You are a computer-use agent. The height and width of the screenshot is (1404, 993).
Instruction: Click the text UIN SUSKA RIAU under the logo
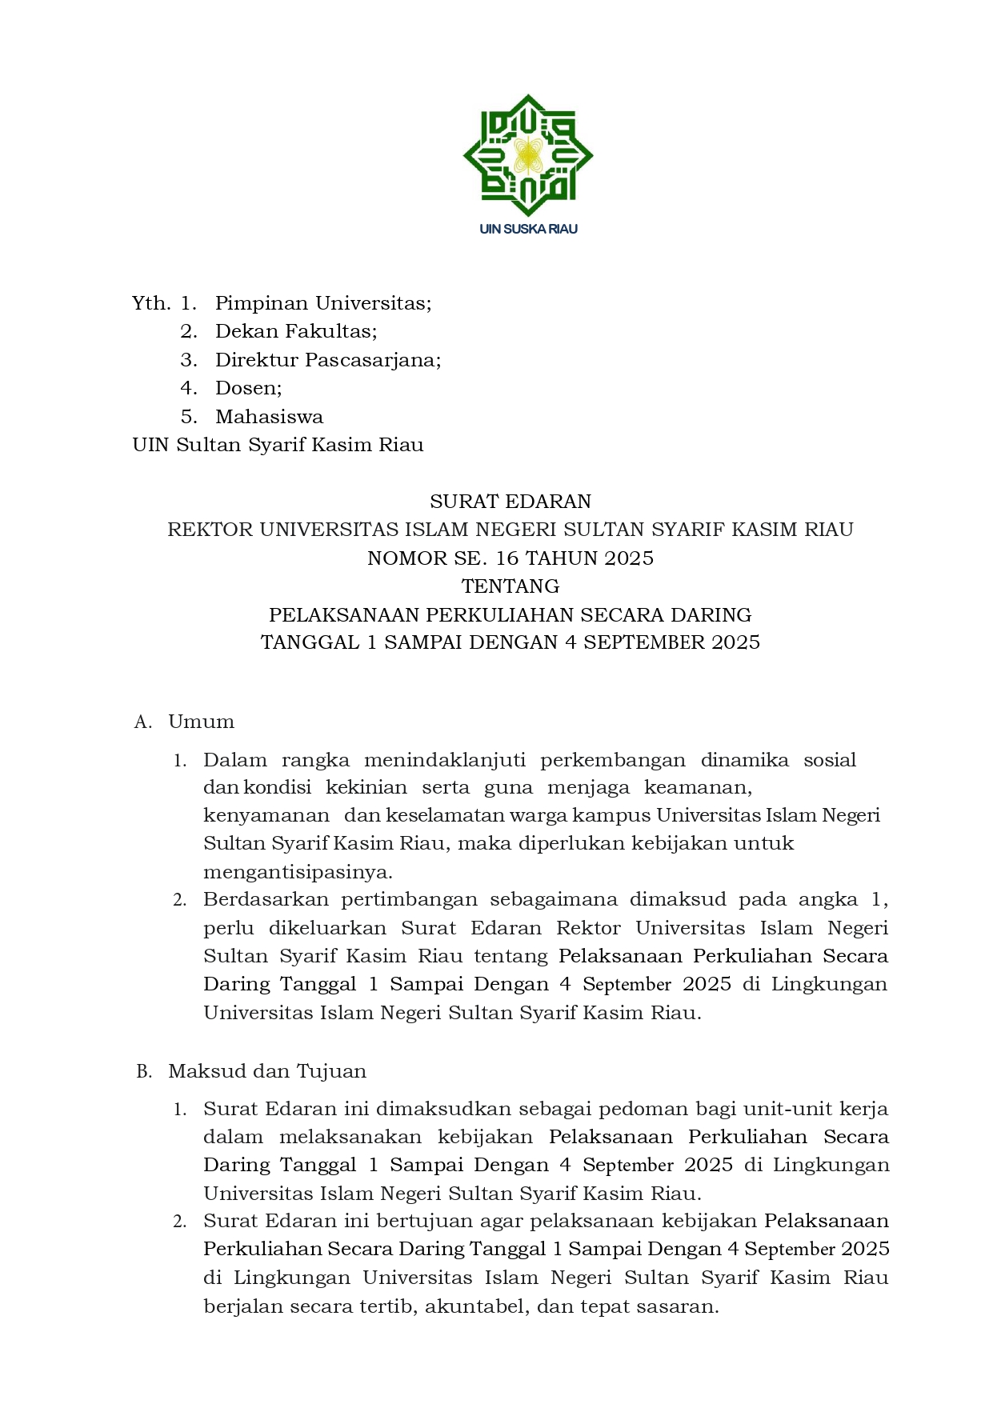pos(528,229)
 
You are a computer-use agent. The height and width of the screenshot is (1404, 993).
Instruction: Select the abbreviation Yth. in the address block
pos(151,303)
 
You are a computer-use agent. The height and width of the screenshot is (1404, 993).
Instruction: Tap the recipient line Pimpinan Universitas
pos(323,303)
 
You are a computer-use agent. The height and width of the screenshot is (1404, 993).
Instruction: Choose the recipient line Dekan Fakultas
pos(296,331)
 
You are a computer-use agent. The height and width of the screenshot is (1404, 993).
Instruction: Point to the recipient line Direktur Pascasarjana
pos(328,360)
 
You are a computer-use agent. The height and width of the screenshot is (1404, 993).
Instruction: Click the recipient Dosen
pos(248,388)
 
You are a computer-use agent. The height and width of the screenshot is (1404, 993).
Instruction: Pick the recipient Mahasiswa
pos(269,417)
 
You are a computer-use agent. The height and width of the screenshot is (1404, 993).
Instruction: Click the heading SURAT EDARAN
pos(511,502)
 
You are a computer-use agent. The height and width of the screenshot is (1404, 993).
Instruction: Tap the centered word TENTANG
pos(511,586)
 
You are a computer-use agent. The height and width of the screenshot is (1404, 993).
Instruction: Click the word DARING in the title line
pos(711,615)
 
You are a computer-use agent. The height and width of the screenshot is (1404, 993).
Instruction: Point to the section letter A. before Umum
pos(143,722)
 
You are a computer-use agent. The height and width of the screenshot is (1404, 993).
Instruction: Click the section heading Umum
pos(201,722)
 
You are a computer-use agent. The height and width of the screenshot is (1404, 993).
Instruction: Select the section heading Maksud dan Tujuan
pos(267,1071)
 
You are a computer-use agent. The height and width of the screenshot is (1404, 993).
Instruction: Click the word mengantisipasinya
pos(298,872)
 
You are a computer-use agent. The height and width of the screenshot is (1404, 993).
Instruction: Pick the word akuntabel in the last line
pos(475,1306)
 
